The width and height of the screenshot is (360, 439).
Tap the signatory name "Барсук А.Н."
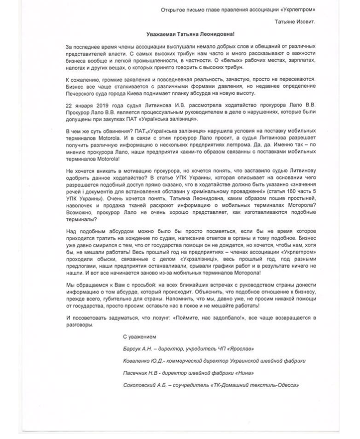[139, 350]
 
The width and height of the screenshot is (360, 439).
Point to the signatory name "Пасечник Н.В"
[141, 373]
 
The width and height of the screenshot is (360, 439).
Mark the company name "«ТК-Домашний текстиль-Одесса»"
[253, 385]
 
